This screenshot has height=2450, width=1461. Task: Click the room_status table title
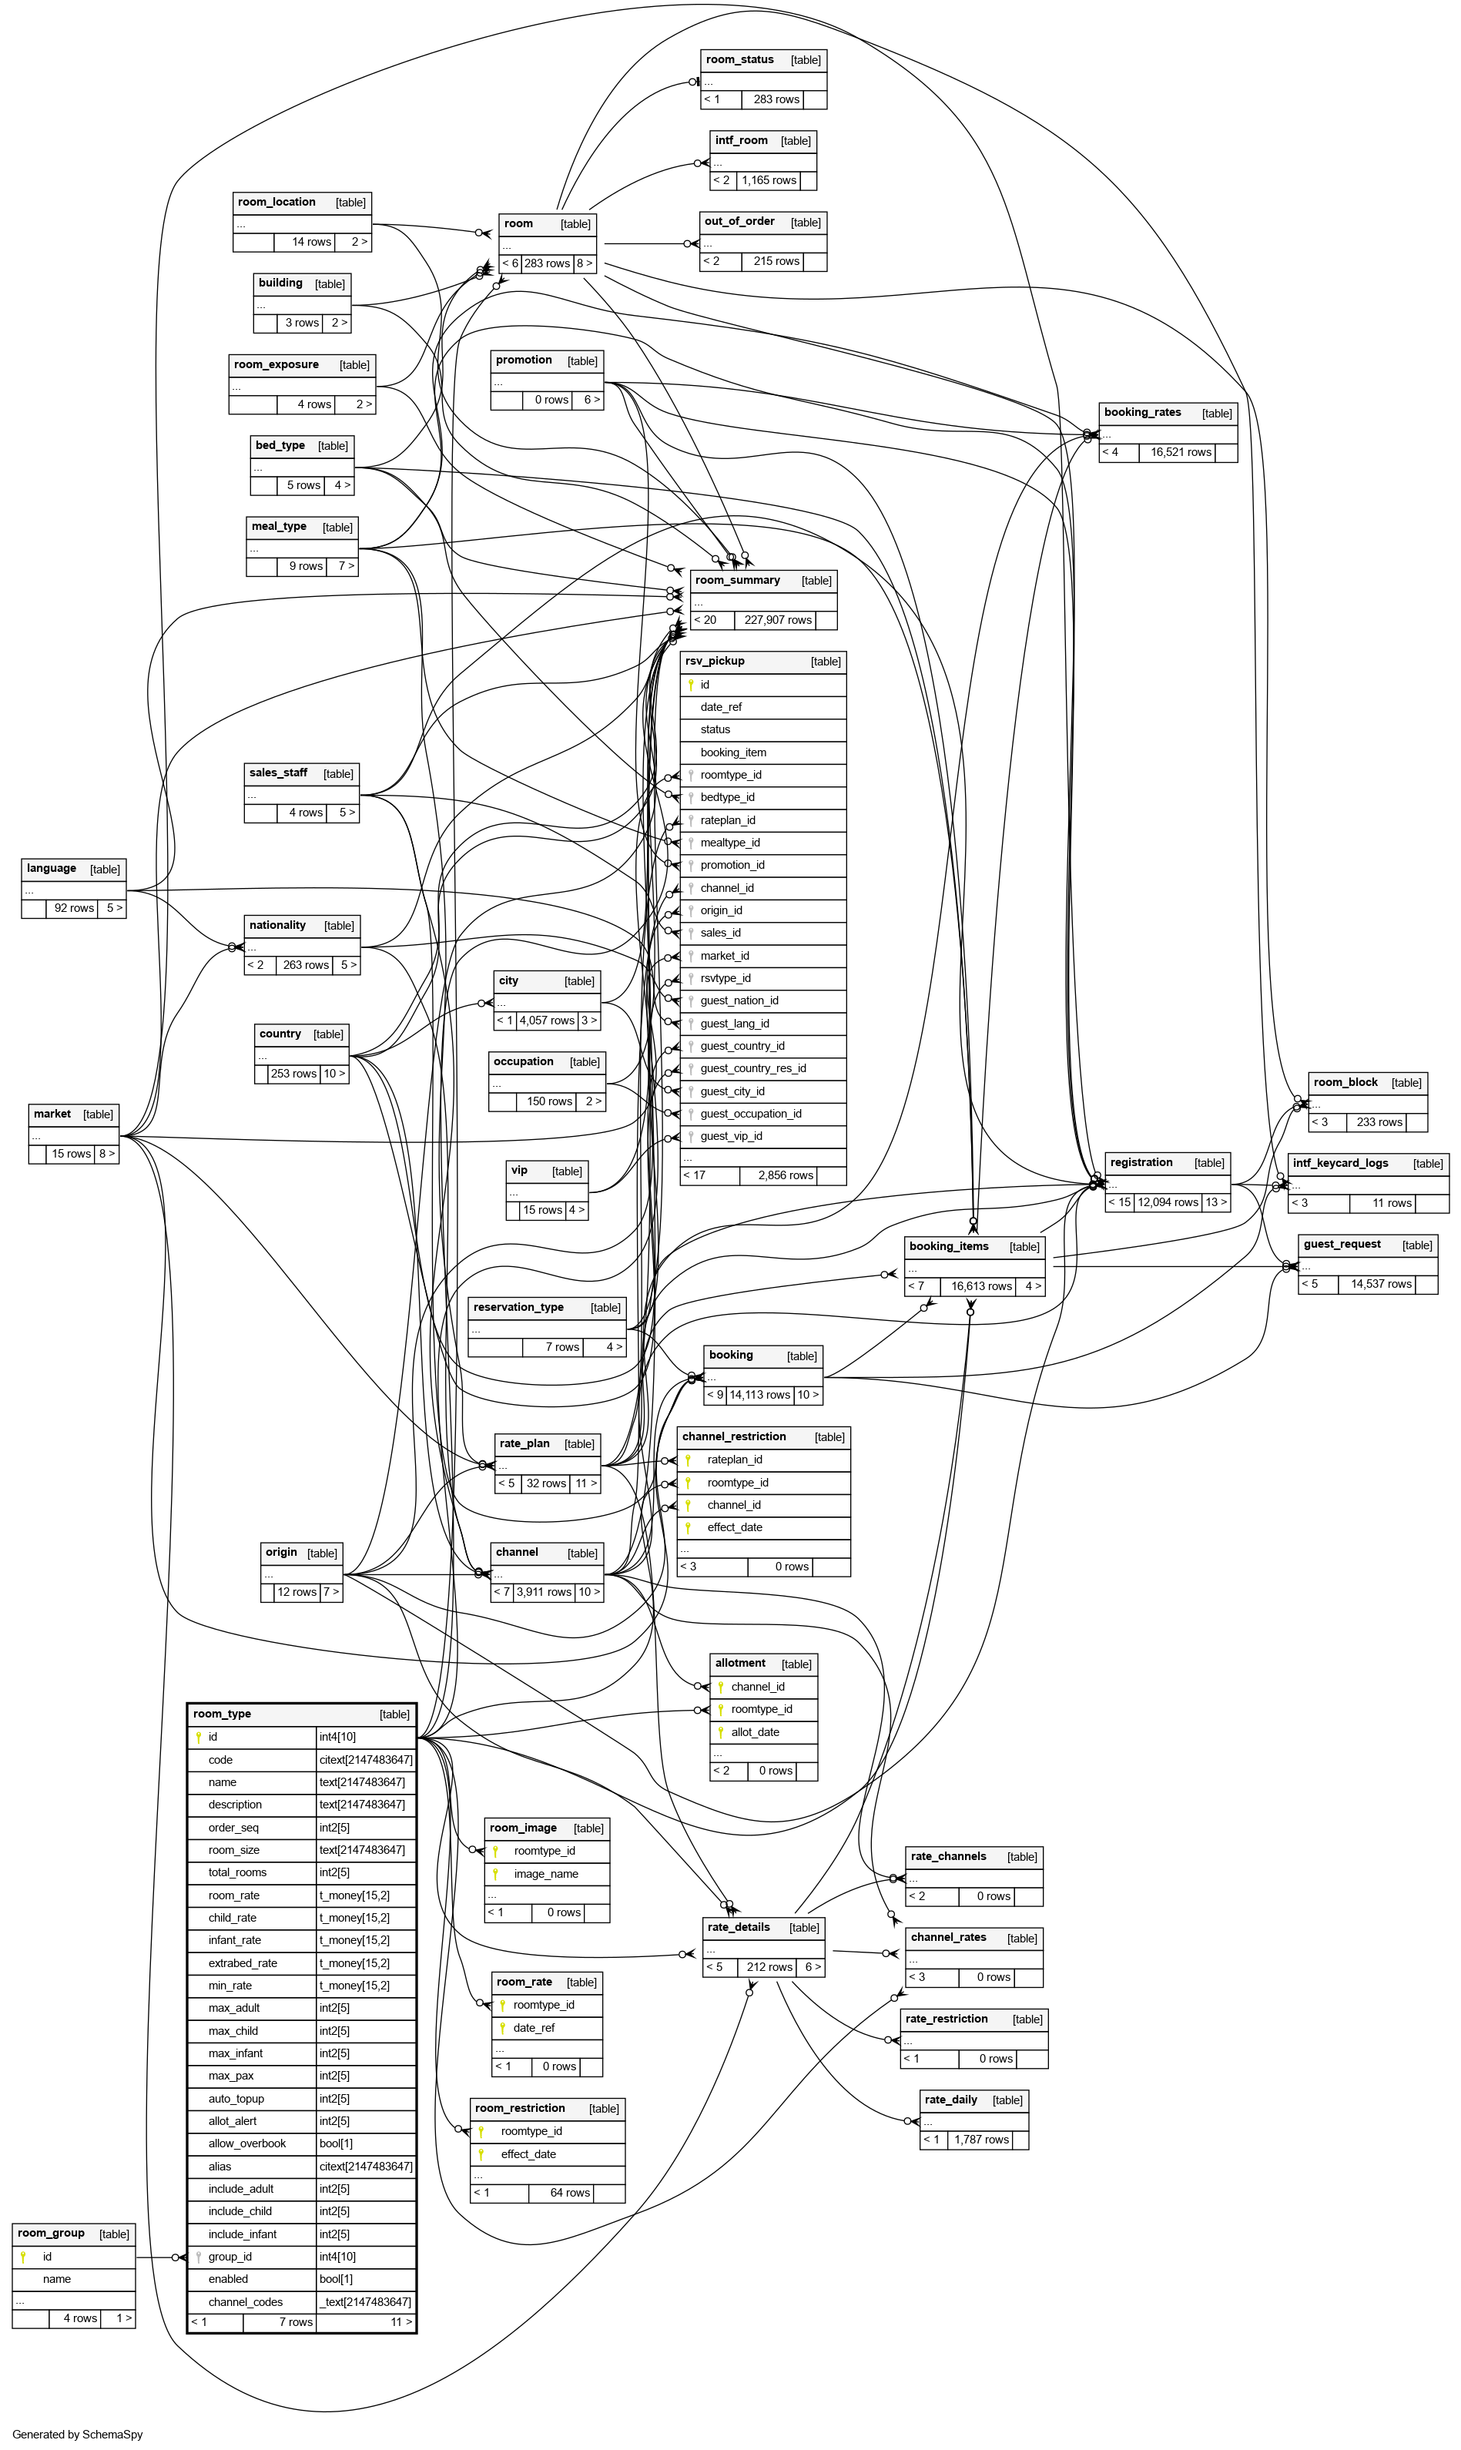(x=739, y=60)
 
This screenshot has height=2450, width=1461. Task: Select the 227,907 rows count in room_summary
(x=778, y=620)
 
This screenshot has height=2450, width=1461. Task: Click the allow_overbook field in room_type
(x=247, y=2143)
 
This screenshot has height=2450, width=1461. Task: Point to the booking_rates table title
(x=1142, y=412)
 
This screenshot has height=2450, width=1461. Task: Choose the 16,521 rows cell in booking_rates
(x=1181, y=453)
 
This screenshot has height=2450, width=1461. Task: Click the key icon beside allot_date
(x=721, y=1731)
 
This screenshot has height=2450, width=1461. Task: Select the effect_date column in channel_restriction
(x=735, y=1527)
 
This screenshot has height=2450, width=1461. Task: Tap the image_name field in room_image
(x=545, y=1874)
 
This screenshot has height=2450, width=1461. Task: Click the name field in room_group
(x=57, y=2279)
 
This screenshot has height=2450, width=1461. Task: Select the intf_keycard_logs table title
(x=1340, y=1164)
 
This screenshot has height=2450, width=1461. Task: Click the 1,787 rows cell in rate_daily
(x=980, y=2139)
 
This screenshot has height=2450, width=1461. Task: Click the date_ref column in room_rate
(x=534, y=2028)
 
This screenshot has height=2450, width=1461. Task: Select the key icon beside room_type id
(x=199, y=1738)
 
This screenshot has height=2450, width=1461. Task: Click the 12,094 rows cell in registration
(x=1168, y=1203)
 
